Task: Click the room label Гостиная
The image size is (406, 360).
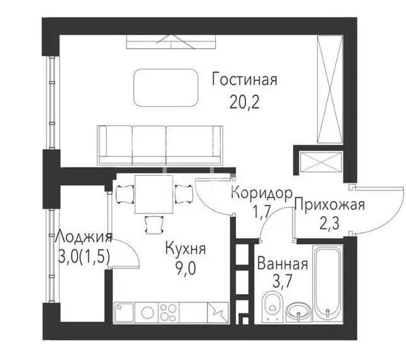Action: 244,81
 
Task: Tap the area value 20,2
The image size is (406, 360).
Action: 244,102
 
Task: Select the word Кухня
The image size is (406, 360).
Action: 185,249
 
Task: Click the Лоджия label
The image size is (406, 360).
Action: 83,237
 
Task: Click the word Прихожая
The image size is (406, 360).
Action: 329,205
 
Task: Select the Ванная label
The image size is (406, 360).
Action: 282,265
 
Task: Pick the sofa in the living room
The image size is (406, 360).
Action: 161,143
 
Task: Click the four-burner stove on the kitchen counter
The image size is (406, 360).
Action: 169,312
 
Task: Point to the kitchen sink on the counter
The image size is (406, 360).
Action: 124,312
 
